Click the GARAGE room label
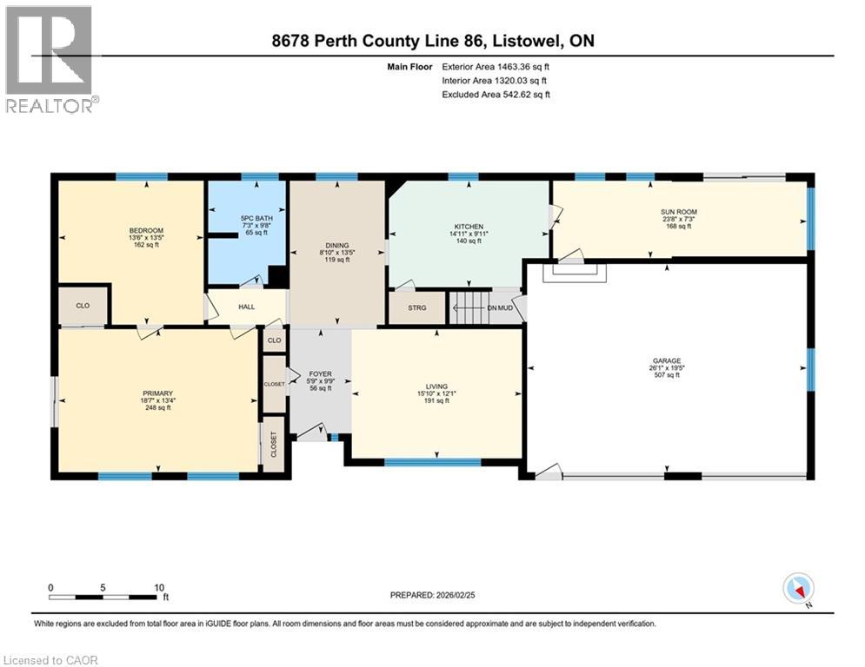(x=667, y=360)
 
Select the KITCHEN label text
(x=469, y=227)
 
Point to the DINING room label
(x=337, y=245)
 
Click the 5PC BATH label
(x=256, y=218)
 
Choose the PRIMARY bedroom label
(x=157, y=393)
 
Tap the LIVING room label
(x=436, y=386)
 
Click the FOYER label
(x=320, y=373)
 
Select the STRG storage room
(x=417, y=307)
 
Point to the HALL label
(x=247, y=307)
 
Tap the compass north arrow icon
(x=798, y=588)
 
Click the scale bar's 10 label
(x=159, y=588)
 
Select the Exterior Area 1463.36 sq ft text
(x=496, y=67)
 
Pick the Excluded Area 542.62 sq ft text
(x=496, y=95)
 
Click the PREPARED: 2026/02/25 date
(x=433, y=595)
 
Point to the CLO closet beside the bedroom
(x=83, y=306)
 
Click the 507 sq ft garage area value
(x=667, y=375)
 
